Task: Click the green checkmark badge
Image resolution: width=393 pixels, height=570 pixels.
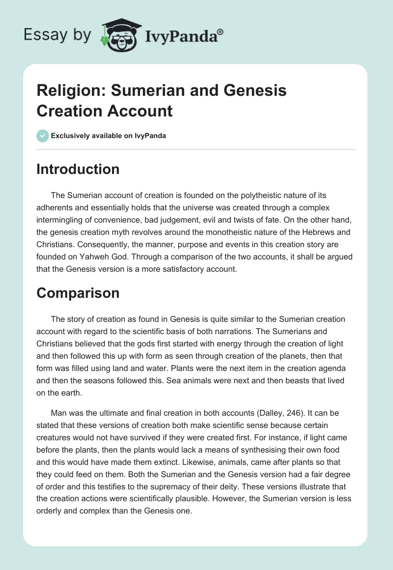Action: pos(42,136)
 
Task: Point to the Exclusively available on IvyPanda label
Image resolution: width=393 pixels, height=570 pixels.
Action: pos(109,136)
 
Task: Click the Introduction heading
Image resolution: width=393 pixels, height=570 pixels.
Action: pos(78,169)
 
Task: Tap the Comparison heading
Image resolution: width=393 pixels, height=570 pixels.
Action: pos(78,293)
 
